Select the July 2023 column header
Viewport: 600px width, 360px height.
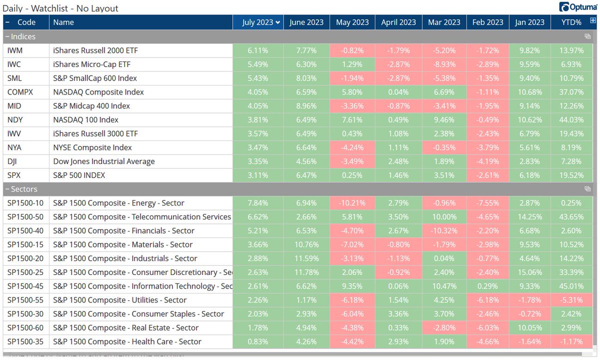tap(258, 22)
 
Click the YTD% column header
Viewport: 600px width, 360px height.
tap(571, 22)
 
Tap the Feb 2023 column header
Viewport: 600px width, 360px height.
tap(487, 22)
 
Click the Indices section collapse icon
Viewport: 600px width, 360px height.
tap(7, 36)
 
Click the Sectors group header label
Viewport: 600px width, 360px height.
tap(24, 189)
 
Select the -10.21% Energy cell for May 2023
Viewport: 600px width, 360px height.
tap(352, 203)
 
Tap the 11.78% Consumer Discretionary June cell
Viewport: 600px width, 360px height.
tap(306, 272)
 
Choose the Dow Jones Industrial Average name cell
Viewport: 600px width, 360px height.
tap(104, 161)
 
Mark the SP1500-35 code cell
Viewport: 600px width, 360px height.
tap(26, 341)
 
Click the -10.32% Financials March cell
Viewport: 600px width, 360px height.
tap(444, 231)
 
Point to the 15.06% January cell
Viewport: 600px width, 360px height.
tap(529, 272)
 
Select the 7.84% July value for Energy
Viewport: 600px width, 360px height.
tap(258, 203)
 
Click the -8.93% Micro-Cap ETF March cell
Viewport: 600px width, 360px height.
tap(444, 64)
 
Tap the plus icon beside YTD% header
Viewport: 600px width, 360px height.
tap(593, 21)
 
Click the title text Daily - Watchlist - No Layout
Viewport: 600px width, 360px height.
tap(60, 8)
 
